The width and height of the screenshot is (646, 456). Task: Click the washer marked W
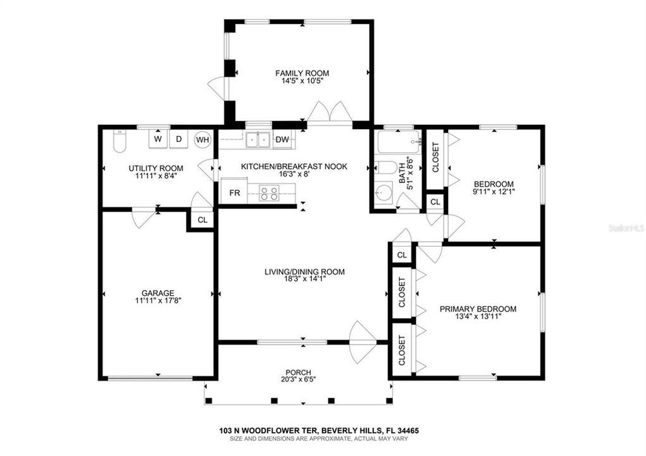(158, 139)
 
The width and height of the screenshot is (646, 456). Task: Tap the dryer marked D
(179, 139)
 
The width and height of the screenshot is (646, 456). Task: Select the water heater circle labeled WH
(202, 139)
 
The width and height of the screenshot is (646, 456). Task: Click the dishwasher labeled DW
(282, 139)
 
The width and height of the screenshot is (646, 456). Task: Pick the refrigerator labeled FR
(235, 192)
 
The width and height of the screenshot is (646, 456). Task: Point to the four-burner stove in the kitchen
(269, 193)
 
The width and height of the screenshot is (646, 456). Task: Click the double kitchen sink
(258, 140)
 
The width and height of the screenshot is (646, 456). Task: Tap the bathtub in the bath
(399, 142)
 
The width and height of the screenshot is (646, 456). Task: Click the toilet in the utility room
(119, 141)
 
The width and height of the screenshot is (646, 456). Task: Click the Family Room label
(302, 73)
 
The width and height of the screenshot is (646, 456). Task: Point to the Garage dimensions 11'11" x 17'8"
(158, 301)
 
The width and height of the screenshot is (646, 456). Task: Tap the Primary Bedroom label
(478, 309)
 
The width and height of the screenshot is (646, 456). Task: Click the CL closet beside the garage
(202, 220)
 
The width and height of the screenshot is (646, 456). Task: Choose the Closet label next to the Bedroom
(436, 157)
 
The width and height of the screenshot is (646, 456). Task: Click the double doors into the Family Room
(329, 111)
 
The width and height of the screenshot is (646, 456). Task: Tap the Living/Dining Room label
(304, 272)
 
